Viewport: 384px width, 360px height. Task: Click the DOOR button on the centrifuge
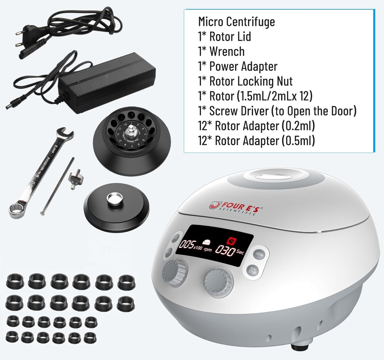coord(259,254)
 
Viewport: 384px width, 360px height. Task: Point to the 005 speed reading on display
coord(186,244)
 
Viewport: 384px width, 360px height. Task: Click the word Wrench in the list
coord(227,51)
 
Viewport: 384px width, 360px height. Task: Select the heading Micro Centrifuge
coord(236,21)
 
